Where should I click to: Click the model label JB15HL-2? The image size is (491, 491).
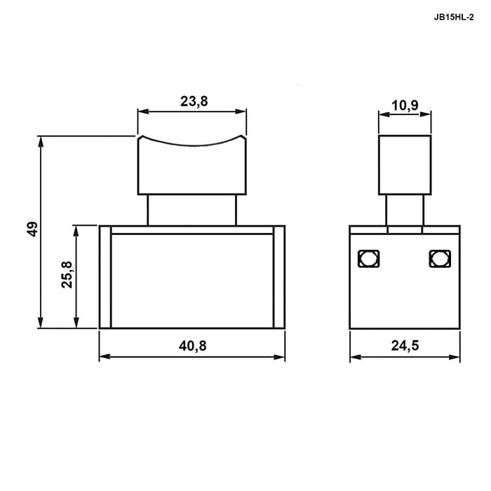(453, 18)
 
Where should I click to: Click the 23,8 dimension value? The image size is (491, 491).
(194, 102)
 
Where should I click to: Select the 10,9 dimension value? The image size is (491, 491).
(405, 105)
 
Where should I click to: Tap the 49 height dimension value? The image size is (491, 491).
(32, 229)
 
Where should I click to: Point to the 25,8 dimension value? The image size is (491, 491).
(67, 274)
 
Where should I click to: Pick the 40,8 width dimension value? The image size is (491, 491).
(193, 346)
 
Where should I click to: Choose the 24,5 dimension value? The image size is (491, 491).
(405, 346)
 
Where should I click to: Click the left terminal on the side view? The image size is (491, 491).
(368, 259)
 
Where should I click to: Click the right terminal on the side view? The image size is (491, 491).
(440, 259)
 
